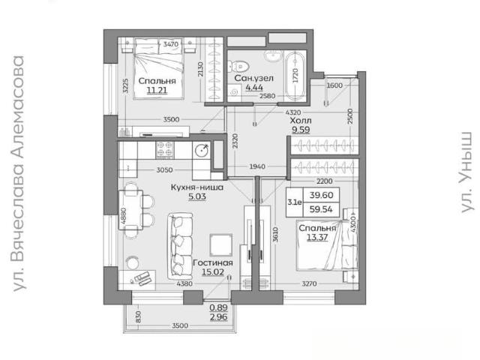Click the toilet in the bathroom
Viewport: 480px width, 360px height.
(239, 66)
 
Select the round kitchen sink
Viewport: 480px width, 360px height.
(202, 150)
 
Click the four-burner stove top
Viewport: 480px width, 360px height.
(165, 150)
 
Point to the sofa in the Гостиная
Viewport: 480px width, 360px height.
(180, 246)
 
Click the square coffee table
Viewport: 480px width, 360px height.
(221, 245)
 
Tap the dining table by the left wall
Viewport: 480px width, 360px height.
(130, 210)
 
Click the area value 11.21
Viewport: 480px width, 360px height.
(157, 90)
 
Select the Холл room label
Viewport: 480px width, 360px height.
(301, 120)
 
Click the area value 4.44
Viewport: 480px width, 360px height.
(254, 88)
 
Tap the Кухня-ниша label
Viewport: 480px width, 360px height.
(197, 187)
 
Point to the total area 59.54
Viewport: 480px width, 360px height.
(321, 209)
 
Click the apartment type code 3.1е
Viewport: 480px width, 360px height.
(295, 202)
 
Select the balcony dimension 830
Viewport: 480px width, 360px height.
(138, 316)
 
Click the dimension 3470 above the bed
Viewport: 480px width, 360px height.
(170, 44)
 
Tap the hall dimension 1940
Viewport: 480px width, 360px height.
(257, 166)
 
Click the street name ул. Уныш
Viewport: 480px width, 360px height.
(466, 172)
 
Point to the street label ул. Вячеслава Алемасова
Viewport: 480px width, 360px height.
(19, 173)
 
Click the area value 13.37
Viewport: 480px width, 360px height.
(317, 237)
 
